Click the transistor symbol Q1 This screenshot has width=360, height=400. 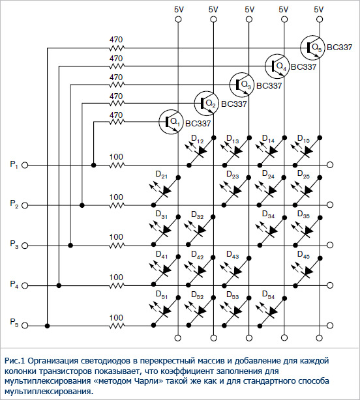171,122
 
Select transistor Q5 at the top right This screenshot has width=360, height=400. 312,48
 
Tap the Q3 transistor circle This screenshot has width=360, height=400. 241,85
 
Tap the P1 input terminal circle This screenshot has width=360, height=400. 25,165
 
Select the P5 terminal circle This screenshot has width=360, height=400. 25,326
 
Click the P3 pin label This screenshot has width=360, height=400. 14,244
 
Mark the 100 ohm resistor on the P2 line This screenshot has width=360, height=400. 117,205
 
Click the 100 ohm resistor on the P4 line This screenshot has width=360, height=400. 117,285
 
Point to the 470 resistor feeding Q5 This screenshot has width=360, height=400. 117,48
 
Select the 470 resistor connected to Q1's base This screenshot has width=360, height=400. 117,122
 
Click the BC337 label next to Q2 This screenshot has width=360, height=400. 233,104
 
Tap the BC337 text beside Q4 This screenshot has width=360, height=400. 303,67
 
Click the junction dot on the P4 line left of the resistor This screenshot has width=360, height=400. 59,285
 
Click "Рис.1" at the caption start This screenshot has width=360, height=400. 14,361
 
